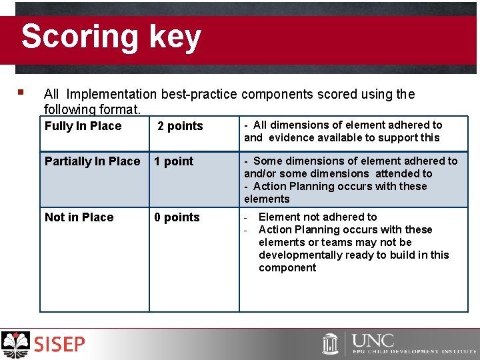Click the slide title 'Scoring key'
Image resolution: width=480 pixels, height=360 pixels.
point(111,37)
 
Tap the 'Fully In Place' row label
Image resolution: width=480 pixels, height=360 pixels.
point(83,126)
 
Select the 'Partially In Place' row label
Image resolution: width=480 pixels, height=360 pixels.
point(92,161)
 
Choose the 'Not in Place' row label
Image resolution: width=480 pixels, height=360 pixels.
point(79,217)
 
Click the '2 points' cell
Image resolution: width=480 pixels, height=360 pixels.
point(180,126)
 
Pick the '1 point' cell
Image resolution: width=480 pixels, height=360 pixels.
point(173,161)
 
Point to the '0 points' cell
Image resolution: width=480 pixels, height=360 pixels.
point(177,217)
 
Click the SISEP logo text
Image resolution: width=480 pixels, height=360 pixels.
point(60,345)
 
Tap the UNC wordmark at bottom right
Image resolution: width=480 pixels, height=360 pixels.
point(373,341)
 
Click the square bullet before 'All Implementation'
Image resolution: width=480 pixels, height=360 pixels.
point(21,93)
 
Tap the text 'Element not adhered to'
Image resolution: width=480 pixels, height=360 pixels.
point(317,217)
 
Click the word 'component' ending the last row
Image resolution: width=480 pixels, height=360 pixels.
point(287,267)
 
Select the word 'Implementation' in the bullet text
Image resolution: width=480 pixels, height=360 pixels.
point(111,94)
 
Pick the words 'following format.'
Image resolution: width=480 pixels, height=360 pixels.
point(92,108)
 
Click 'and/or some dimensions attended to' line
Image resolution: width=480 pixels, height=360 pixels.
point(338,173)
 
